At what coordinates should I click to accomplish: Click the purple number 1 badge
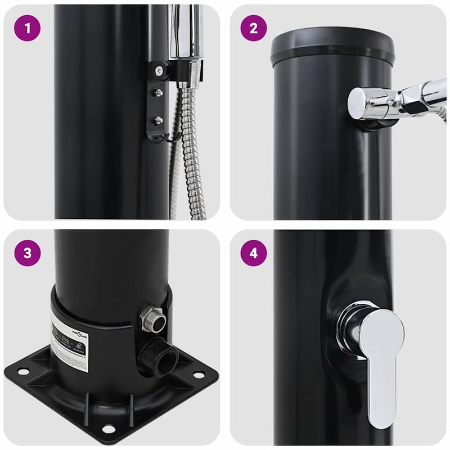27,28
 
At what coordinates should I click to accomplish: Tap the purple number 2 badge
253,28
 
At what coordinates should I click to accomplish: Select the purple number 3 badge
27,253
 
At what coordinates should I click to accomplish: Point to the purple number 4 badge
253,253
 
